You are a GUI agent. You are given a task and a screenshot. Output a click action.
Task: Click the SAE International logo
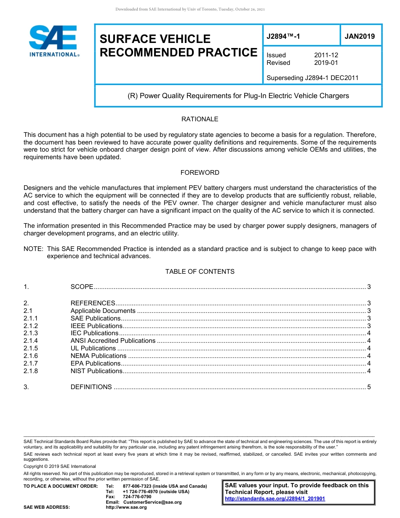53,41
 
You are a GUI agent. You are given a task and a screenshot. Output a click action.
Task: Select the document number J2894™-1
283,37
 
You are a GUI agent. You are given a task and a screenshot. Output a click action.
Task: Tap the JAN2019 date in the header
360,37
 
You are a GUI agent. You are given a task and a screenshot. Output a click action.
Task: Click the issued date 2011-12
326,55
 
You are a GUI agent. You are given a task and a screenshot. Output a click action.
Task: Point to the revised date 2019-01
326,63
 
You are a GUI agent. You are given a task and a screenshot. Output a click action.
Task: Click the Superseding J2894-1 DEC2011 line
312,78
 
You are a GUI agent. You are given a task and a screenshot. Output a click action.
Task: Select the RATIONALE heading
200,119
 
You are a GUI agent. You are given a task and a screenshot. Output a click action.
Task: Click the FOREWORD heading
200,173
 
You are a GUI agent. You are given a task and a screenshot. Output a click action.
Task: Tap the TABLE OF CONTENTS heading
200,272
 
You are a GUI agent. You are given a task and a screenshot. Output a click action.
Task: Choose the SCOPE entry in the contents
82,287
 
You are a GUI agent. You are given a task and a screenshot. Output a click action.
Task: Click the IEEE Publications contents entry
96,326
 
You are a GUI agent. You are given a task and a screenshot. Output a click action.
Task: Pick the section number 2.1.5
31,348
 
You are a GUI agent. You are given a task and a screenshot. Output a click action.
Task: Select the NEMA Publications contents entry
98,356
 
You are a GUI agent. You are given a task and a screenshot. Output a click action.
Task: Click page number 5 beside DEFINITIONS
369,387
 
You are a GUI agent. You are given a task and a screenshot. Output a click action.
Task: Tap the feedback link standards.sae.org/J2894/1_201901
275,499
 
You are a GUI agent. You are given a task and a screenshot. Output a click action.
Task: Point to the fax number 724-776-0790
137,497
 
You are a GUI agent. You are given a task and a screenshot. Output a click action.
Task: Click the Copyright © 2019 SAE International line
60,466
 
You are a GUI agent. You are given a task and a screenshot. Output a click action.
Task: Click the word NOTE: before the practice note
34,249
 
